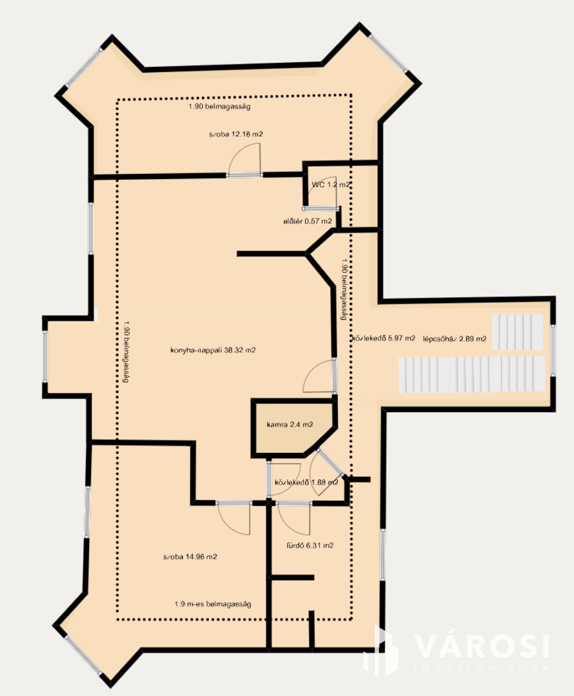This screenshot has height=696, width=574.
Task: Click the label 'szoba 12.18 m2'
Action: (x=236, y=135)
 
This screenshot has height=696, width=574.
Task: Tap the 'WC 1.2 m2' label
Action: (x=330, y=185)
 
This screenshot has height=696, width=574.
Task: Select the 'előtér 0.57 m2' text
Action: (x=308, y=221)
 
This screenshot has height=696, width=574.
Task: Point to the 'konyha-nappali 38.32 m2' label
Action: (x=213, y=350)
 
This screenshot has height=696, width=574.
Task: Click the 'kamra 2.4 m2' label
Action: (x=290, y=424)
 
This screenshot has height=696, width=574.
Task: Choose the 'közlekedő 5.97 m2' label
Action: (x=384, y=338)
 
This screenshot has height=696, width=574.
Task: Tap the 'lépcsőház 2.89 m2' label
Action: (x=455, y=339)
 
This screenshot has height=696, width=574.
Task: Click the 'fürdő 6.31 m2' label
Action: (x=310, y=545)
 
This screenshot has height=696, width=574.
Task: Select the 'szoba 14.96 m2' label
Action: (x=190, y=557)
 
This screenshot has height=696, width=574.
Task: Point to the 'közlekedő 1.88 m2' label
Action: (x=306, y=483)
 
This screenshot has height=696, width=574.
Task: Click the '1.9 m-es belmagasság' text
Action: (x=213, y=604)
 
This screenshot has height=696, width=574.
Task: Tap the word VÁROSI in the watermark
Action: (x=482, y=646)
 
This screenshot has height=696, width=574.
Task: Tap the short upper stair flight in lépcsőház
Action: (x=517, y=332)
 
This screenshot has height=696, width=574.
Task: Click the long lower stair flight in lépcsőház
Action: (x=472, y=374)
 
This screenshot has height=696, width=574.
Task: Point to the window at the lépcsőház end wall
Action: (x=553, y=350)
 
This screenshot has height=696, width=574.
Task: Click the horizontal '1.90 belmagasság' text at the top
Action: (x=219, y=107)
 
